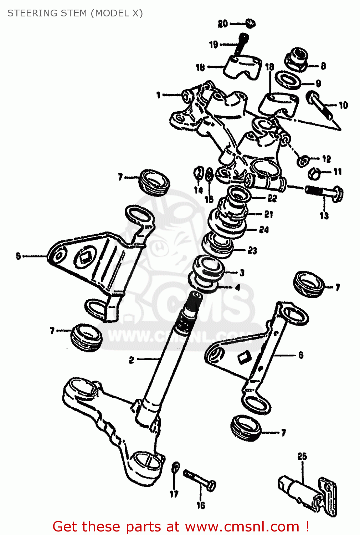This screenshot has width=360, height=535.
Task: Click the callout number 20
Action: tap(223, 24)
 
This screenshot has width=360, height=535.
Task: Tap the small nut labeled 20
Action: tap(251, 24)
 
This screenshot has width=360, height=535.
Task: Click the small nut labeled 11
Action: tap(314, 174)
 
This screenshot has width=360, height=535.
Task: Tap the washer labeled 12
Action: tap(303, 160)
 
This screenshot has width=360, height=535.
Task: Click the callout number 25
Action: tap(302, 456)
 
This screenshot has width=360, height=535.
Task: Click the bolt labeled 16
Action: tap(200, 480)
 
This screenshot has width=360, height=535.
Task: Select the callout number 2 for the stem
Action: tap(131, 360)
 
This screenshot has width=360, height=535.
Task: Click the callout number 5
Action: tap(19, 256)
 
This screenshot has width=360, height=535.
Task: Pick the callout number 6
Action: tap(301, 355)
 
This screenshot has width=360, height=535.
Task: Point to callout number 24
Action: tap(264, 229)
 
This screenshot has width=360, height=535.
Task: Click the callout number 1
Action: tap(158, 95)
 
